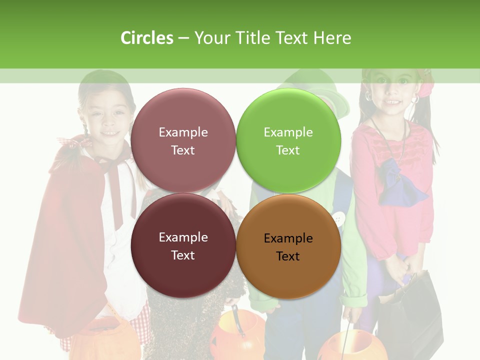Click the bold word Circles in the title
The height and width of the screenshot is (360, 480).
tap(147, 38)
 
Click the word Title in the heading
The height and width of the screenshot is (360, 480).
tap(253, 38)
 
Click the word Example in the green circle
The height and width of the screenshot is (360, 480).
tap(288, 132)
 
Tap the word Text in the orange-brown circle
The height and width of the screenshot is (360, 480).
tap(288, 256)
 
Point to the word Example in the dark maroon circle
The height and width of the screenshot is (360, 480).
tap(183, 237)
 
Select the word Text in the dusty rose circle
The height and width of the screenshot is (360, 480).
tap(183, 150)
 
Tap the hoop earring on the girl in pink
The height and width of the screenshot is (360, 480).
tap(414, 100)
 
